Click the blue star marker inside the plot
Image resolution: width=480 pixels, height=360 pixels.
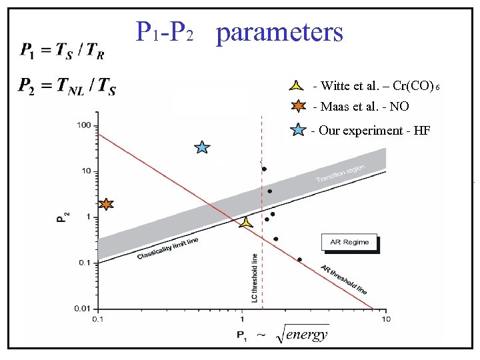click(202, 147)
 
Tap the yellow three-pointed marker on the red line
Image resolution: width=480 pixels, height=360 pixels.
click(246, 223)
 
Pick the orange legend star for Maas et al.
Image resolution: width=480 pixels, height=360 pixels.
click(297, 106)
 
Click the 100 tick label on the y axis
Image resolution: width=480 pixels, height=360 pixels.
click(83, 125)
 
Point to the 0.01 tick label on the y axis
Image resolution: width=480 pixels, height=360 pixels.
click(81, 309)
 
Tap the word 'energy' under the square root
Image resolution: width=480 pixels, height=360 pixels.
click(307, 335)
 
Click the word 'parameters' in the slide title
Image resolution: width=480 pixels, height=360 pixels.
click(280, 31)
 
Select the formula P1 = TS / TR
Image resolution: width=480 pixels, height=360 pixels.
click(65, 49)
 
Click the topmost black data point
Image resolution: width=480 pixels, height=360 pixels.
click(264, 169)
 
